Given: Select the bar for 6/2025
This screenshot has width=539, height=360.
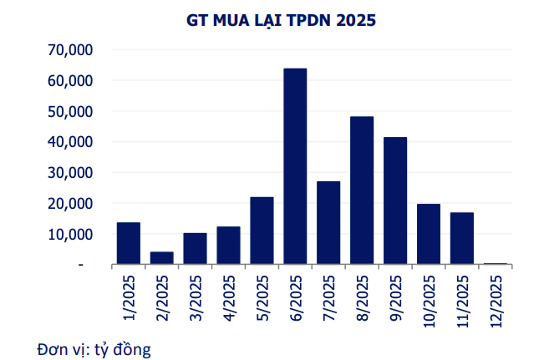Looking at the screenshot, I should (x=295, y=166).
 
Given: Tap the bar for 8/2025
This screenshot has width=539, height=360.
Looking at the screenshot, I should (x=362, y=190).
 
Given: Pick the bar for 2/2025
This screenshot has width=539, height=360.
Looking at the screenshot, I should (x=162, y=258).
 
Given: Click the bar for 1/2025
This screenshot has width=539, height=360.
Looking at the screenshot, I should (x=129, y=243).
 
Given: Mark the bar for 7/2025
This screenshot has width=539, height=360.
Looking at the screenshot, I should (x=328, y=223).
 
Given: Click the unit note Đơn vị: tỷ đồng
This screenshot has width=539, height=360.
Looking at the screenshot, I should (x=93, y=347).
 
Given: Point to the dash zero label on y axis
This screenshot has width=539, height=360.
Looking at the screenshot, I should (x=81, y=265).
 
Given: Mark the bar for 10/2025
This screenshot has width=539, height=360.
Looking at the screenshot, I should (x=429, y=234).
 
